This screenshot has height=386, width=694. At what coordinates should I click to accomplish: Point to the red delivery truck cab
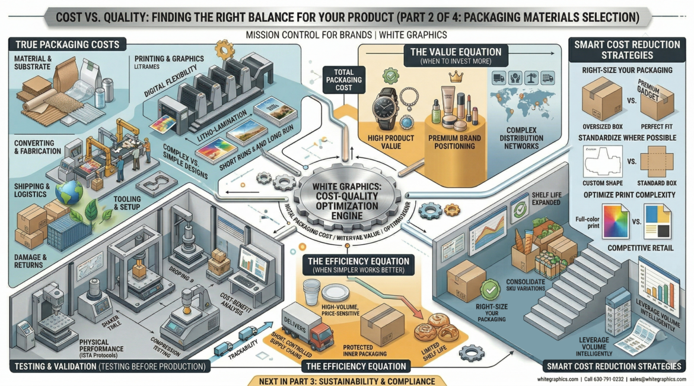pos(321,336)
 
